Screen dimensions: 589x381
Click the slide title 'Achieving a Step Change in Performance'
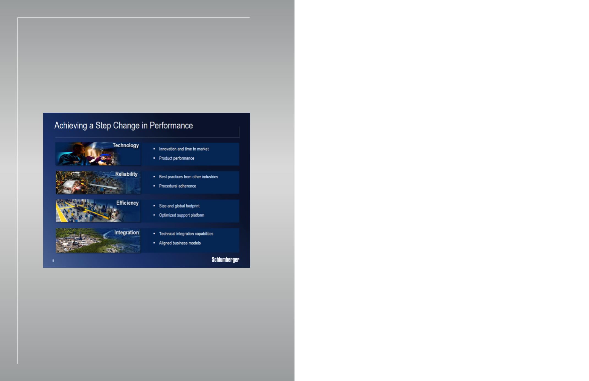[123, 126]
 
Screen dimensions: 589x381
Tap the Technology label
[126, 145]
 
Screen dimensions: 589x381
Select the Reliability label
[126, 174]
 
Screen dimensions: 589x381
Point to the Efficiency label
[127, 203]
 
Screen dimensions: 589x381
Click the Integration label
[126, 233]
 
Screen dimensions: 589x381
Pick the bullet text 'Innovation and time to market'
[184, 149]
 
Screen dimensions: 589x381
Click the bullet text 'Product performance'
[177, 158]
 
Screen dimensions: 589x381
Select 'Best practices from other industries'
[188, 177]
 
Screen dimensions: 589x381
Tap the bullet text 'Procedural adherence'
[177, 186]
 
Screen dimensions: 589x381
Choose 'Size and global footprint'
[179, 206]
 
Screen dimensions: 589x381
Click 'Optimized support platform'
[181, 215]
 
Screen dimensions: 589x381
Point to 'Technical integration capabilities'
[186, 234]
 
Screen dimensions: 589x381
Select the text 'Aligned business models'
[180, 243]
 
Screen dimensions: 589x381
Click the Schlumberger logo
[225, 260]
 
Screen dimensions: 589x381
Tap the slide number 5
[53, 261]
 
